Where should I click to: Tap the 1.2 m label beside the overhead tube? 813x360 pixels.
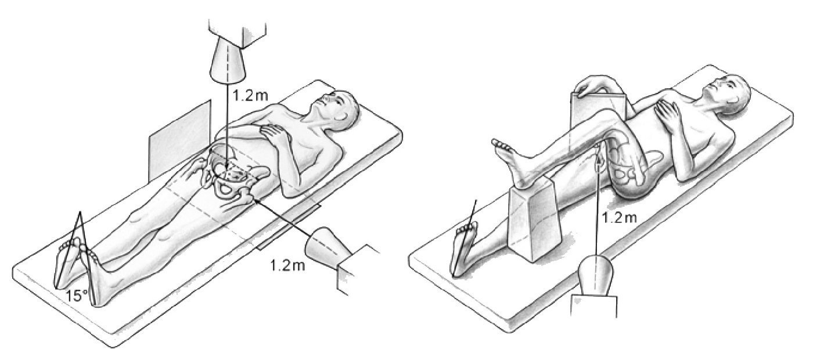pos(250,95)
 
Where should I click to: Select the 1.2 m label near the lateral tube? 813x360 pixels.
pos(287,266)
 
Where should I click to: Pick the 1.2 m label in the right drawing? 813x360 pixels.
pos(620,218)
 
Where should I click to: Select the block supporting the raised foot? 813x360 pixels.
pos(534,220)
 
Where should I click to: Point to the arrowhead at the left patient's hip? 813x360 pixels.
pos(255,199)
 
